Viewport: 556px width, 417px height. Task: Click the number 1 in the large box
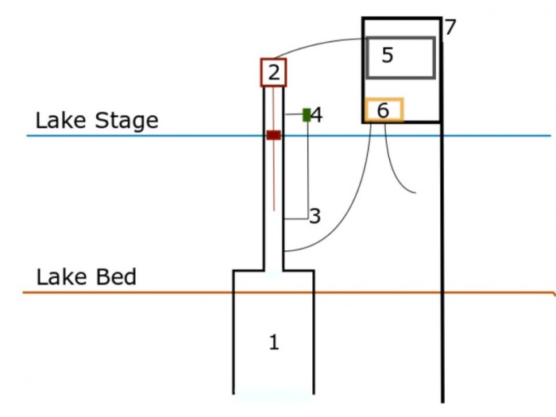(x=274, y=342)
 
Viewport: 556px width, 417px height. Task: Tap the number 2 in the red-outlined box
(x=274, y=73)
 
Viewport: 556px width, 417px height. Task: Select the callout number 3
(x=315, y=216)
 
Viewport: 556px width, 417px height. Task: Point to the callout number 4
(x=317, y=115)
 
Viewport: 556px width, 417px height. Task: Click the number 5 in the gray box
(x=388, y=56)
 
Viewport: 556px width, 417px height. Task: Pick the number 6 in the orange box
(x=383, y=110)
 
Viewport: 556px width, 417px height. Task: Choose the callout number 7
(x=450, y=27)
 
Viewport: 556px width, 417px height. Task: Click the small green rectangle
(x=307, y=115)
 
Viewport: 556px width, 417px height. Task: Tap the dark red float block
(x=274, y=135)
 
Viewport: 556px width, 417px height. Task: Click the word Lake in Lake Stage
(x=60, y=120)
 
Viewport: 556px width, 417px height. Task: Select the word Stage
(x=126, y=122)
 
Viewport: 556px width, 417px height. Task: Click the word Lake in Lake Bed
(x=61, y=277)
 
